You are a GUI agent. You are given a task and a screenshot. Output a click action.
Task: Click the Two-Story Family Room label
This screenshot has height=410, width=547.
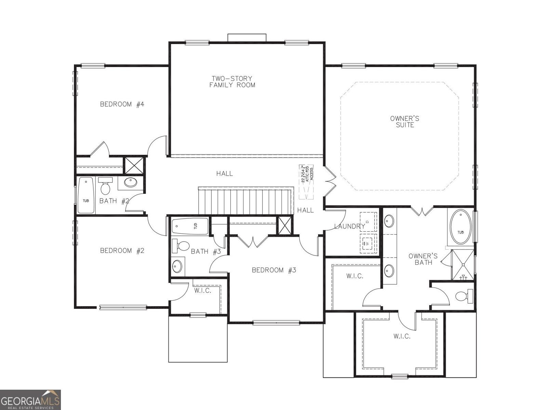[x=232, y=82]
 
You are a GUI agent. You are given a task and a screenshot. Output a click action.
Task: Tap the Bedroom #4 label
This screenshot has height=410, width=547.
[x=122, y=104]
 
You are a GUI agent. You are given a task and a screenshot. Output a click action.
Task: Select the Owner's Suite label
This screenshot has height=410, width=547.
[x=405, y=122]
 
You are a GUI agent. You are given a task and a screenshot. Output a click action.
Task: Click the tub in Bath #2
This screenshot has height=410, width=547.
[x=86, y=195]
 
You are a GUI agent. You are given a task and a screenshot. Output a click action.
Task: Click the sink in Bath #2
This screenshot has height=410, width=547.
[x=131, y=182]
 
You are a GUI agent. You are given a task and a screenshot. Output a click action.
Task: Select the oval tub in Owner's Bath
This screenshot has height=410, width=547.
[x=461, y=227]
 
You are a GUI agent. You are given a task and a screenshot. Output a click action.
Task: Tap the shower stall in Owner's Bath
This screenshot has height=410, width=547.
[x=463, y=265]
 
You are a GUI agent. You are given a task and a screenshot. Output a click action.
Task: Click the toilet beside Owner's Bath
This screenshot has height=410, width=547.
[x=463, y=296]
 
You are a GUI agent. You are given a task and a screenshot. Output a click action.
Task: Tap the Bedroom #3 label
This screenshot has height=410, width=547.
[x=274, y=270]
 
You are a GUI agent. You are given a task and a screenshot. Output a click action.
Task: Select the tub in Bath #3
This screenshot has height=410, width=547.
[x=190, y=226]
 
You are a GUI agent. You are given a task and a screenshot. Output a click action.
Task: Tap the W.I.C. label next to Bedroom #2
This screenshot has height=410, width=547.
[x=203, y=290]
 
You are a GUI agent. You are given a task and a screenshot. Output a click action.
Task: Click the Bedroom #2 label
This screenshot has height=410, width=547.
[x=122, y=250]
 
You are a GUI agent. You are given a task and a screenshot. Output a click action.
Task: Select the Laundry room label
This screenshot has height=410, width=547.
[x=349, y=226]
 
